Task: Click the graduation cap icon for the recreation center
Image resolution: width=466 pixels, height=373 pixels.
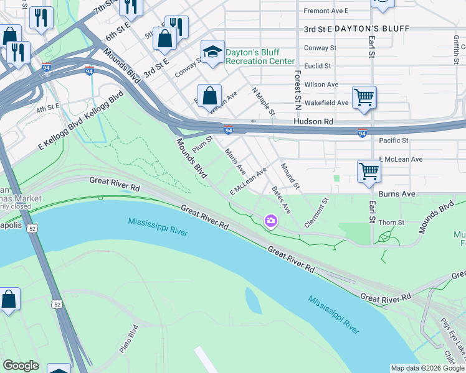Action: pyautogui.click(x=212, y=52)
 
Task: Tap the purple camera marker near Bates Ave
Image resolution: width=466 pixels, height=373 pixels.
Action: pyautogui.click(x=271, y=220)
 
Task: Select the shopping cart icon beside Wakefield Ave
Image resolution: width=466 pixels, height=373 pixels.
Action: pyautogui.click(x=364, y=98)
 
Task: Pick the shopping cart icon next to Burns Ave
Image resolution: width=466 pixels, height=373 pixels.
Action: pyautogui.click(x=369, y=171)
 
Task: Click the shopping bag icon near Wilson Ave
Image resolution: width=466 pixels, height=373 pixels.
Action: pyautogui.click(x=210, y=96)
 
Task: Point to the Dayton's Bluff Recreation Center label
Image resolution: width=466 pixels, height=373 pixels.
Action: pyautogui.click(x=260, y=57)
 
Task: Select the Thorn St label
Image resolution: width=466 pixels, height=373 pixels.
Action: pyautogui.click(x=391, y=223)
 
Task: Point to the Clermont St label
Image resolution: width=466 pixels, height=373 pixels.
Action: pyautogui.click(x=315, y=213)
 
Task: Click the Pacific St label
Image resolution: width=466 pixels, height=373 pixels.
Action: pyautogui.click(x=393, y=141)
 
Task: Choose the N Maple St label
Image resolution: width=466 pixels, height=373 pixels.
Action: pyautogui.click(x=263, y=101)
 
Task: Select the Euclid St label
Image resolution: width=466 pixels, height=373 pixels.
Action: pyautogui.click(x=317, y=65)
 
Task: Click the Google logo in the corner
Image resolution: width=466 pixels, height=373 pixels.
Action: pyautogui.click(x=21, y=365)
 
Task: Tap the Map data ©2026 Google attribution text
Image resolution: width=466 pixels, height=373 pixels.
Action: pyautogui.click(x=427, y=368)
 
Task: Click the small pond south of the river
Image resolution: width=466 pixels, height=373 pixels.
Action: pyautogui.click(x=254, y=302)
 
